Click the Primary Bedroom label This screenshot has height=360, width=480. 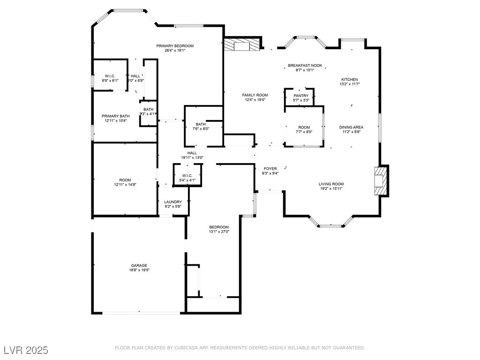click(x=175, y=46)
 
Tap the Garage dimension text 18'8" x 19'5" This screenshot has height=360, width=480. click(x=139, y=270)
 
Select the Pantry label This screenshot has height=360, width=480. click(x=301, y=96)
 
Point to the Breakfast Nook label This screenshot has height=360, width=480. click(x=305, y=66)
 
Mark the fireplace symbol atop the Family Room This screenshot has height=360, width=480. click(x=241, y=45)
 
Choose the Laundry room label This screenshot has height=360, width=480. click(x=173, y=202)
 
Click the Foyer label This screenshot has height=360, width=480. click(x=270, y=168)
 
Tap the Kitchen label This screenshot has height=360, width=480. click(x=349, y=80)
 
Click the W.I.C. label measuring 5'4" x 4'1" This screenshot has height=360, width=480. click(x=187, y=180)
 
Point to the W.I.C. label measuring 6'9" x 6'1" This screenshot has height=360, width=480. click(x=110, y=80)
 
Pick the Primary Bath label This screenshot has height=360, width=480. click(x=115, y=116)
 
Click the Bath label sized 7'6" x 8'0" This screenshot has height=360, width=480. click(x=201, y=129)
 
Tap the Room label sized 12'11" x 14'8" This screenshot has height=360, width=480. click(x=125, y=185)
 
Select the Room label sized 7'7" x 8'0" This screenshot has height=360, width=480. click(x=304, y=132)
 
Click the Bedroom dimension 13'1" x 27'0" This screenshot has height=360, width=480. click(x=219, y=232)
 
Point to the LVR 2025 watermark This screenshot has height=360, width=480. click(x=26, y=350)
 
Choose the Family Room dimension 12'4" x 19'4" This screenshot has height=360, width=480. click(x=255, y=99)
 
